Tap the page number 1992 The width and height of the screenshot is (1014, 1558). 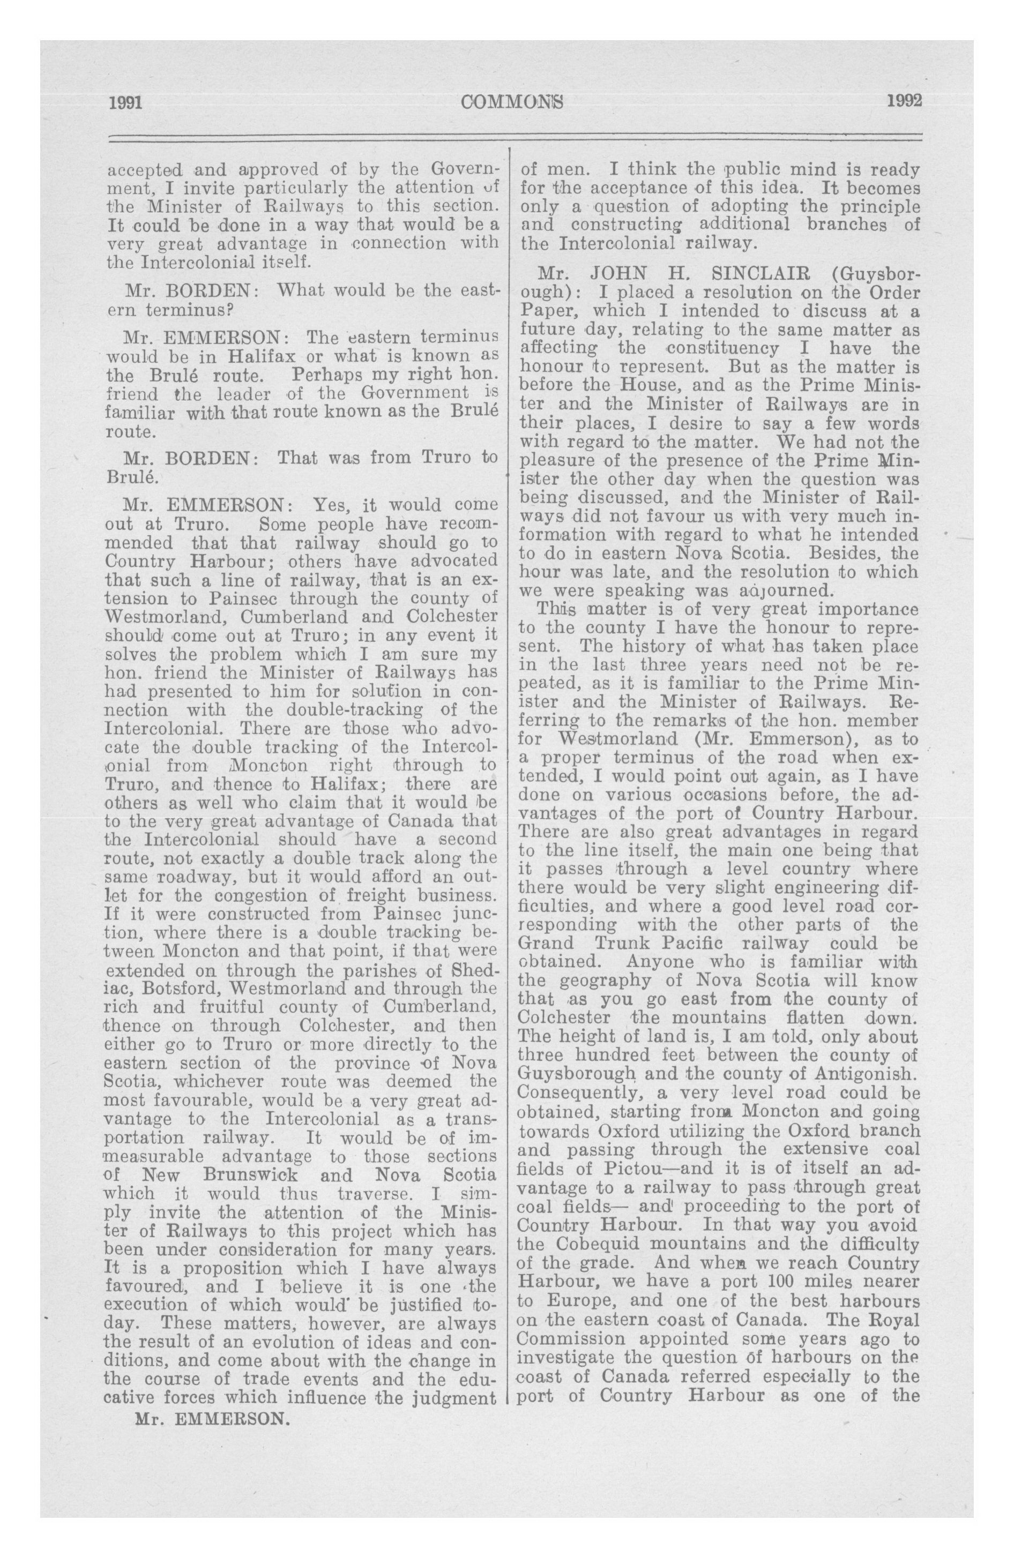[904, 101]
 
